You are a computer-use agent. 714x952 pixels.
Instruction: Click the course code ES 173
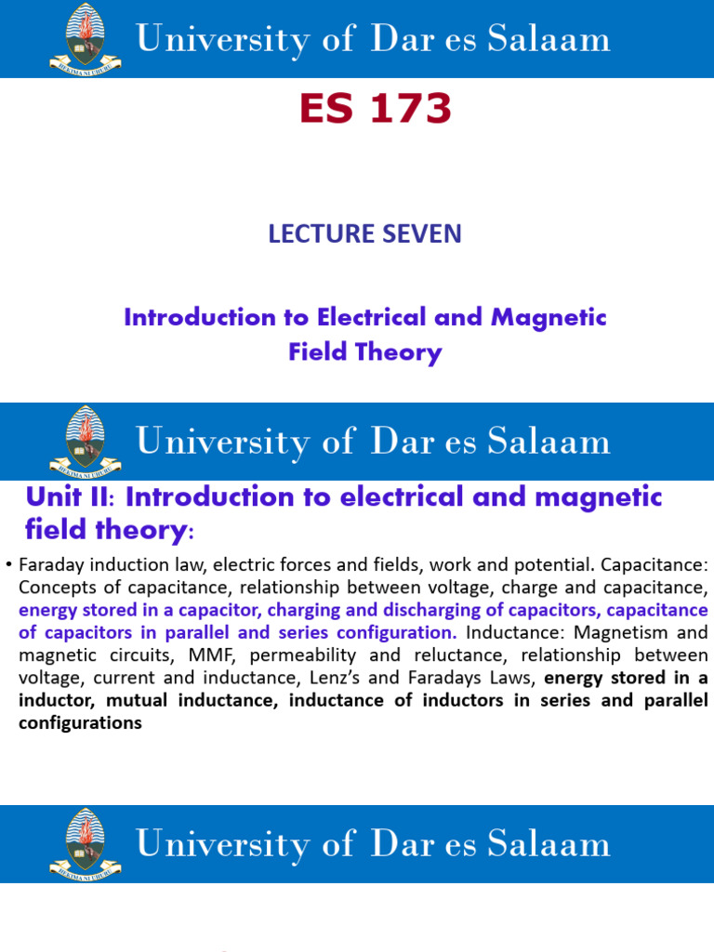click(375, 111)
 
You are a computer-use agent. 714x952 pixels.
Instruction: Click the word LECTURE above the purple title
click(315, 234)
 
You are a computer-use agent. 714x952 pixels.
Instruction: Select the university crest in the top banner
click(85, 38)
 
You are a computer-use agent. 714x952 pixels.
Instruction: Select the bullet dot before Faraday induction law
click(8, 565)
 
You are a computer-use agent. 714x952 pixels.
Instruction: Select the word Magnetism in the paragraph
click(616, 633)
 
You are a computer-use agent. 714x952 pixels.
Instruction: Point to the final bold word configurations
click(80, 722)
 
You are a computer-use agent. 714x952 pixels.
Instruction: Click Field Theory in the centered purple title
click(365, 352)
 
